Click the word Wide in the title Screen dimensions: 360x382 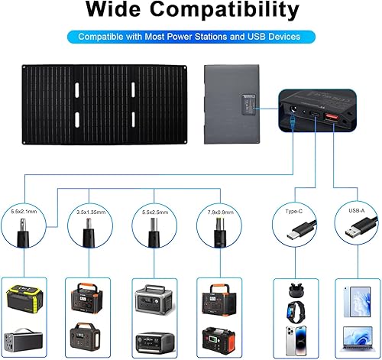coord(117,11)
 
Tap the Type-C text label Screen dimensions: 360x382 coord(294,206)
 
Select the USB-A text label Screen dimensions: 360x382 coord(357,206)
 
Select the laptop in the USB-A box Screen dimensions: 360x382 coord(357,336)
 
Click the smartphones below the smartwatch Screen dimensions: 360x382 coord(294,340)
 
